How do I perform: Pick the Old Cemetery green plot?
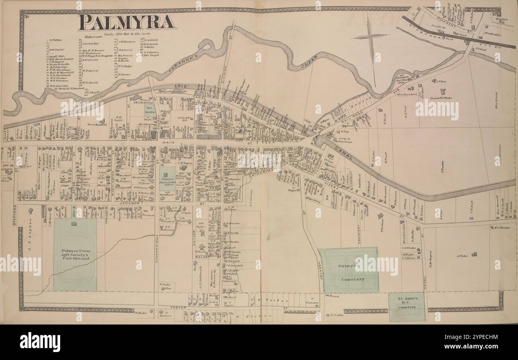[x=150, y=110]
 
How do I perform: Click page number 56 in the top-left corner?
[x=27, y=16]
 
